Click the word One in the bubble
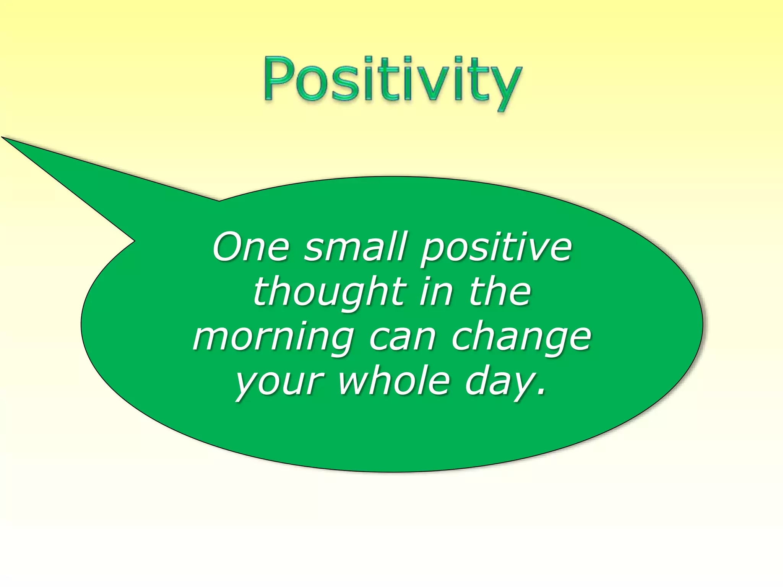pos(251,247)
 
